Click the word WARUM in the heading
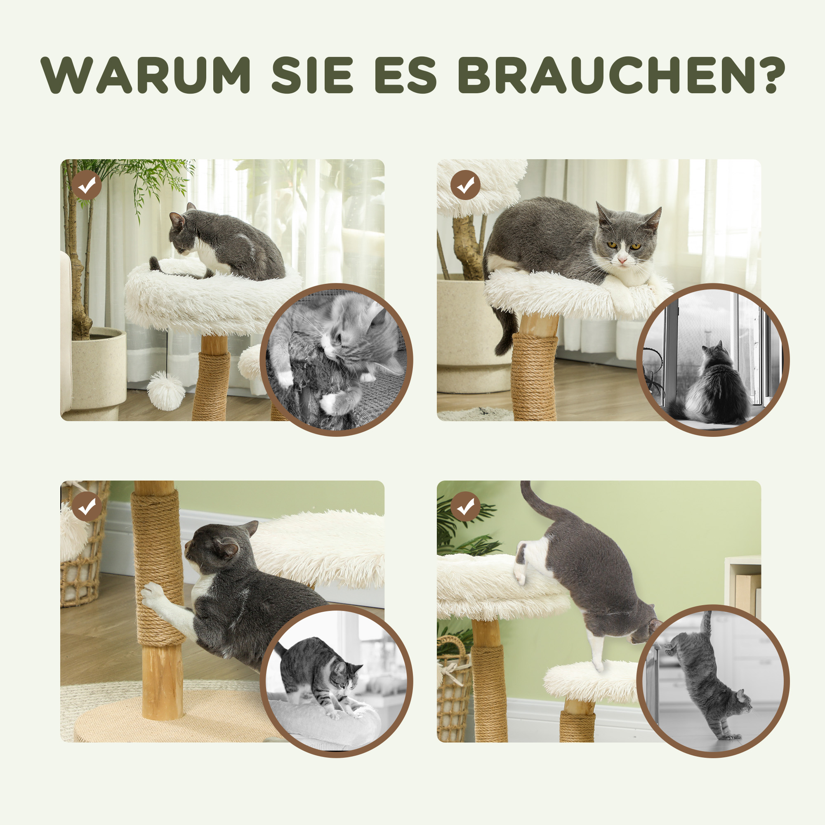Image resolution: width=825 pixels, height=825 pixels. [146, 75]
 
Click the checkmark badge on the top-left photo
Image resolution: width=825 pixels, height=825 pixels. [87, 185]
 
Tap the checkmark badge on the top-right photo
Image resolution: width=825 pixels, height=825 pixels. [465, 185]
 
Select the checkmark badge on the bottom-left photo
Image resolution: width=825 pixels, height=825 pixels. [87, 507]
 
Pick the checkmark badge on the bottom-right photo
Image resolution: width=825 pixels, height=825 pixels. [465, 507]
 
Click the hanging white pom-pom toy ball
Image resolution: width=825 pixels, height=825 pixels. [166, 390]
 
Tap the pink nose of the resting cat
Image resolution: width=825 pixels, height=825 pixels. [622, 259]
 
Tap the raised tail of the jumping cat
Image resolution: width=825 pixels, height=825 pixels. [534, 504]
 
